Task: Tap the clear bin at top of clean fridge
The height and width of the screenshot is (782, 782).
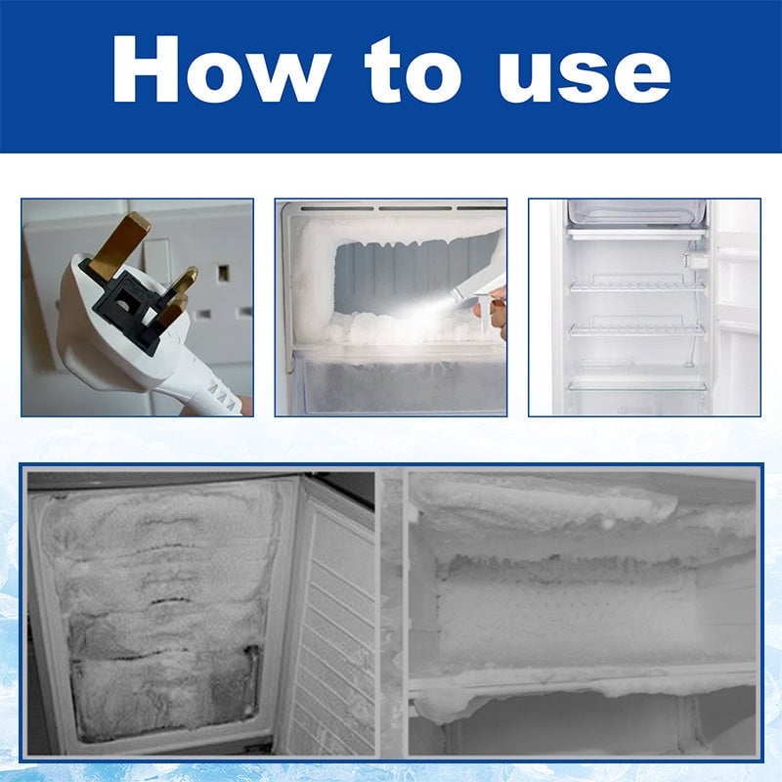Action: click(635, 213)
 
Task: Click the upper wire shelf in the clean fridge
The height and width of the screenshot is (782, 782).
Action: click(637, 285)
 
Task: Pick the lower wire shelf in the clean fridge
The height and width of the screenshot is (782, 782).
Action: click(637, 329)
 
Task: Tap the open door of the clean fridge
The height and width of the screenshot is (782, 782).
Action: click(735, 303)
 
